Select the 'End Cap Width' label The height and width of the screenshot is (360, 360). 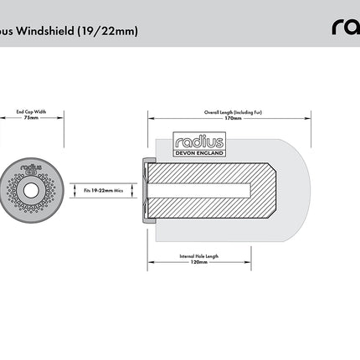click(x=33, y=111)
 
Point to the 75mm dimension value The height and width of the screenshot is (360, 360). click(x=33, y=117)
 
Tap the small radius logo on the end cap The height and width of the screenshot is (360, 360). click(x=33, y=167)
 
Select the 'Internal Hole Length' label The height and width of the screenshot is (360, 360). click(x=199, y=255)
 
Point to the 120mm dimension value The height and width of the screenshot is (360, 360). click(x=199, y=262)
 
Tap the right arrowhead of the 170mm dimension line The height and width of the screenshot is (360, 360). click(x=307, y=117)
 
